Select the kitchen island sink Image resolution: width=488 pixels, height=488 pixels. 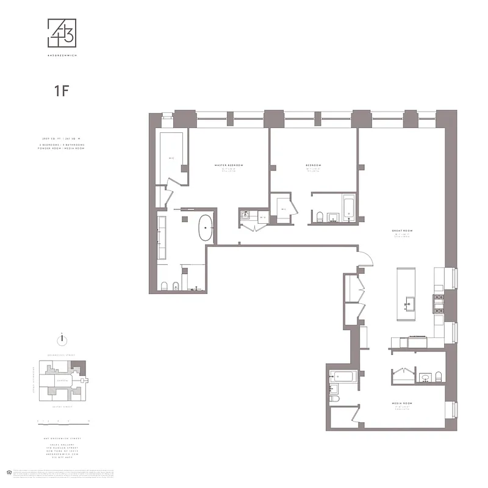(409, 303)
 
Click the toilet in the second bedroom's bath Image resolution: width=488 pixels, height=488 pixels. (318, 216)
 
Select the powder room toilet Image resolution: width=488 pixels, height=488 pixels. (437, 376)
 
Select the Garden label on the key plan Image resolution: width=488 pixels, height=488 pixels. (61, 379)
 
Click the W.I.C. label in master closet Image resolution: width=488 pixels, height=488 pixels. (171, 160)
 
